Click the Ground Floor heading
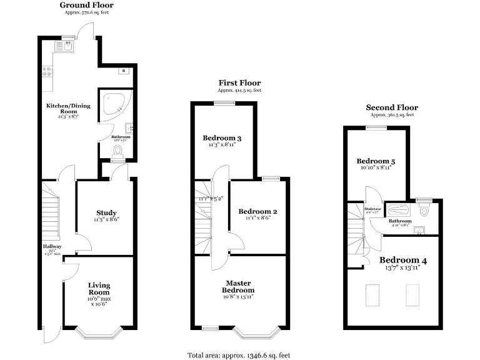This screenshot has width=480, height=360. pos(86,5)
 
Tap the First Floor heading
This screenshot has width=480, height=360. pos(239,82)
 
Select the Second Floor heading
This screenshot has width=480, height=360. pos(392,107)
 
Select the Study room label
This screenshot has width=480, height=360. pos(106,213)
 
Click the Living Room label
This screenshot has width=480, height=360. pos(99,288)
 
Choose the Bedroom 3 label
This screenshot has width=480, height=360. pos(222,138)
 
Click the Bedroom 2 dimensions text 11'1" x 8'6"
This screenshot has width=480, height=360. pos(257,218)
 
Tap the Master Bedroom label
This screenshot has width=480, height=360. pos(239,286)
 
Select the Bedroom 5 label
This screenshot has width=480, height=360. pos(375,161)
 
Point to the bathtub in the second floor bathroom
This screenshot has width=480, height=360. pos(397,209)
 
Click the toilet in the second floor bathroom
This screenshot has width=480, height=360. pos(424,210)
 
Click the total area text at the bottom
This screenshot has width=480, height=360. pos(239,355)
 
